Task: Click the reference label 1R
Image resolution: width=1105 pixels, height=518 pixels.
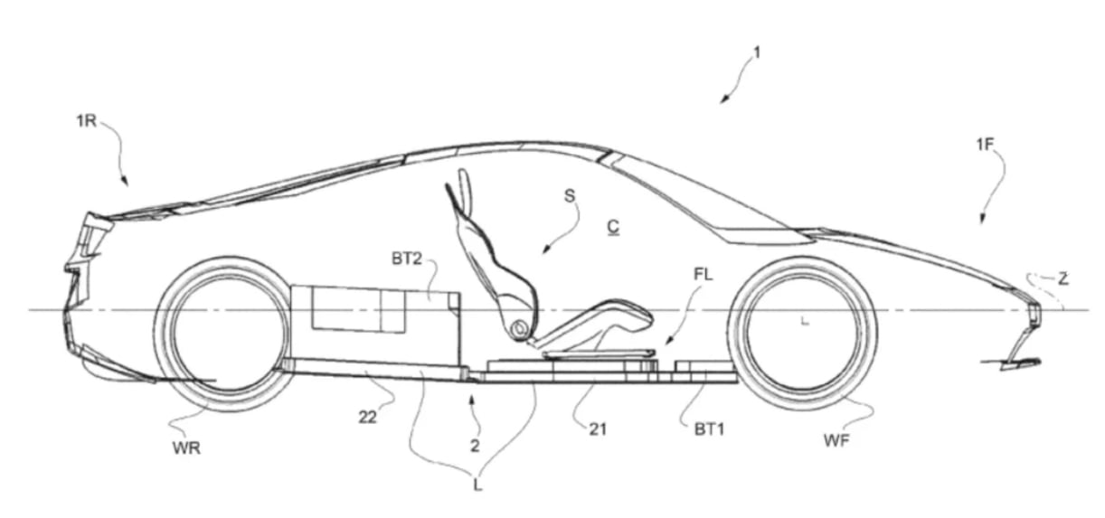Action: click(x=86, y=121)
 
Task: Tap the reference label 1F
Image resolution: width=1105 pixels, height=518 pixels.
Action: click(x=984, y=145)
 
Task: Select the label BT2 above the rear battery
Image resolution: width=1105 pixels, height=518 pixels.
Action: click(x=407, y=259)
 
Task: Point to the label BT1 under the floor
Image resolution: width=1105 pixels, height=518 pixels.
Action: click(x=709, y=429)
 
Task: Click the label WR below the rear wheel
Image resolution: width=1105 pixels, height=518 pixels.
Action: click(x=186, y=448)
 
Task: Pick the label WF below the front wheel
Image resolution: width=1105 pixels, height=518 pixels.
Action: click(x=837, y=440)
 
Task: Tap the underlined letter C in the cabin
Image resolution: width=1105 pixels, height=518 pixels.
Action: click(x=613, y=228)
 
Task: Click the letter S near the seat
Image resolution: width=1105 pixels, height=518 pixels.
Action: click(x=570, y=196)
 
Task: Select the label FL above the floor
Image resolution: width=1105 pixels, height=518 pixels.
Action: click(x=703, y=274)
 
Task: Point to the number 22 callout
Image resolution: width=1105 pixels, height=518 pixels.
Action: click(x=367, y=418)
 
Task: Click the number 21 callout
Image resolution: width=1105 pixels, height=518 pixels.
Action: click(x=598, y=429)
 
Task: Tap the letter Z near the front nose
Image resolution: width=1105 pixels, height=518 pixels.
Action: click(x=1063, y=279)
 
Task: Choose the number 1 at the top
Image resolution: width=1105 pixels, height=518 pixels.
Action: click(x=757, y=52)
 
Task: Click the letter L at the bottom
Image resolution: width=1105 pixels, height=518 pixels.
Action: click(x=477, y=485)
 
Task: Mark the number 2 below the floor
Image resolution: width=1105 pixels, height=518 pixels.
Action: click(x=475, y=446)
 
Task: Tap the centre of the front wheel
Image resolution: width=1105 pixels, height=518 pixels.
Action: click(x=803, y=333)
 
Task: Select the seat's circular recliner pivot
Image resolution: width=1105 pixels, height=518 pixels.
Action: click(x=519, y=327)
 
